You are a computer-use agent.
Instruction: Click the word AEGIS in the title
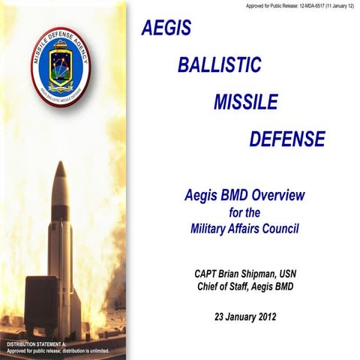[x=166, y=28]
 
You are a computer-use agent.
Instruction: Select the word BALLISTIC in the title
[x=219, y=64]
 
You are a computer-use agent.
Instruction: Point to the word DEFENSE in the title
[x=287, y=139]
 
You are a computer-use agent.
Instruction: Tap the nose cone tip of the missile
[x=60, y=163]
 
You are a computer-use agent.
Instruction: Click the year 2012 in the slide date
[x=263, y=316]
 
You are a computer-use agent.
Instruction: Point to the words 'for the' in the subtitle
[x=244, y=212]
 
